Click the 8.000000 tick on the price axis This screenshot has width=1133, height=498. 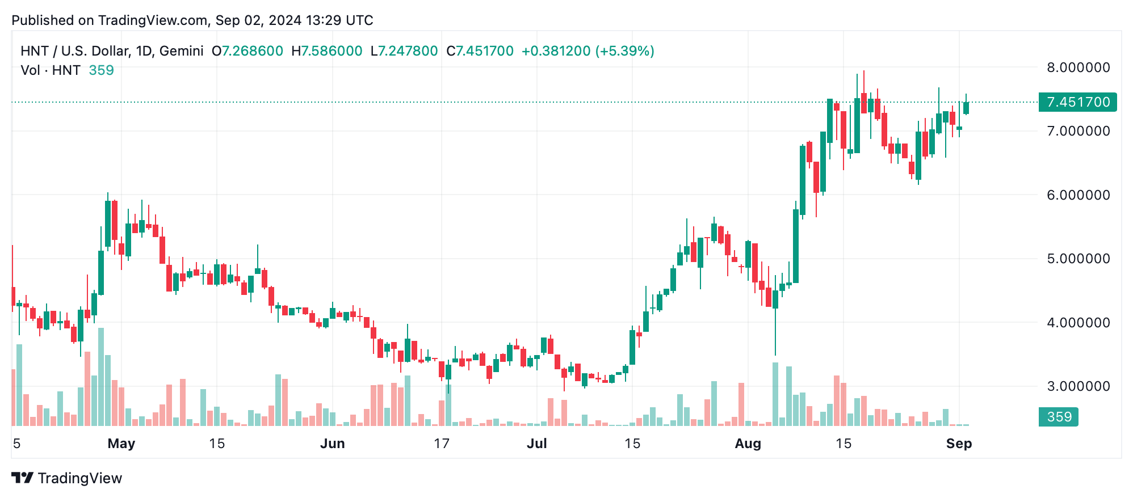1078,67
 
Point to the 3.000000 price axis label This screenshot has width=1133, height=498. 1078,386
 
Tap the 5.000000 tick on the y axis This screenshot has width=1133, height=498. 1078,259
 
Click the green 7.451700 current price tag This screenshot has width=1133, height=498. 1077,102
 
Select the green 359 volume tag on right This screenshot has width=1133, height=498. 1059,417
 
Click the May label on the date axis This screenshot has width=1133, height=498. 121,444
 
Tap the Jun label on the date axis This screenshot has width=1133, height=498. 332,444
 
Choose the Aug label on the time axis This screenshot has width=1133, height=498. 748,444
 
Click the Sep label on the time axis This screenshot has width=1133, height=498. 959,444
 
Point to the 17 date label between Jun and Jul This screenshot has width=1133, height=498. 442,444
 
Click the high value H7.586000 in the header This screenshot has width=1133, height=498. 326,51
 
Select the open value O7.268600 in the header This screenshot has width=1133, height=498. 247,51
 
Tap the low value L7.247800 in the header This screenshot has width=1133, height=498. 404,51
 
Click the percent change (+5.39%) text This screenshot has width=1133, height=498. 624,51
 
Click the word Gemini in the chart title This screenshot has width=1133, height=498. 181,51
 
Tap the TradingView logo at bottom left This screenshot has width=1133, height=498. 67,478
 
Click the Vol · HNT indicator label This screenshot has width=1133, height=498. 51,70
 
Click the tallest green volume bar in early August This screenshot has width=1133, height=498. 775,394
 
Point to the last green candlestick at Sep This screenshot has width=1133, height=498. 966,108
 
